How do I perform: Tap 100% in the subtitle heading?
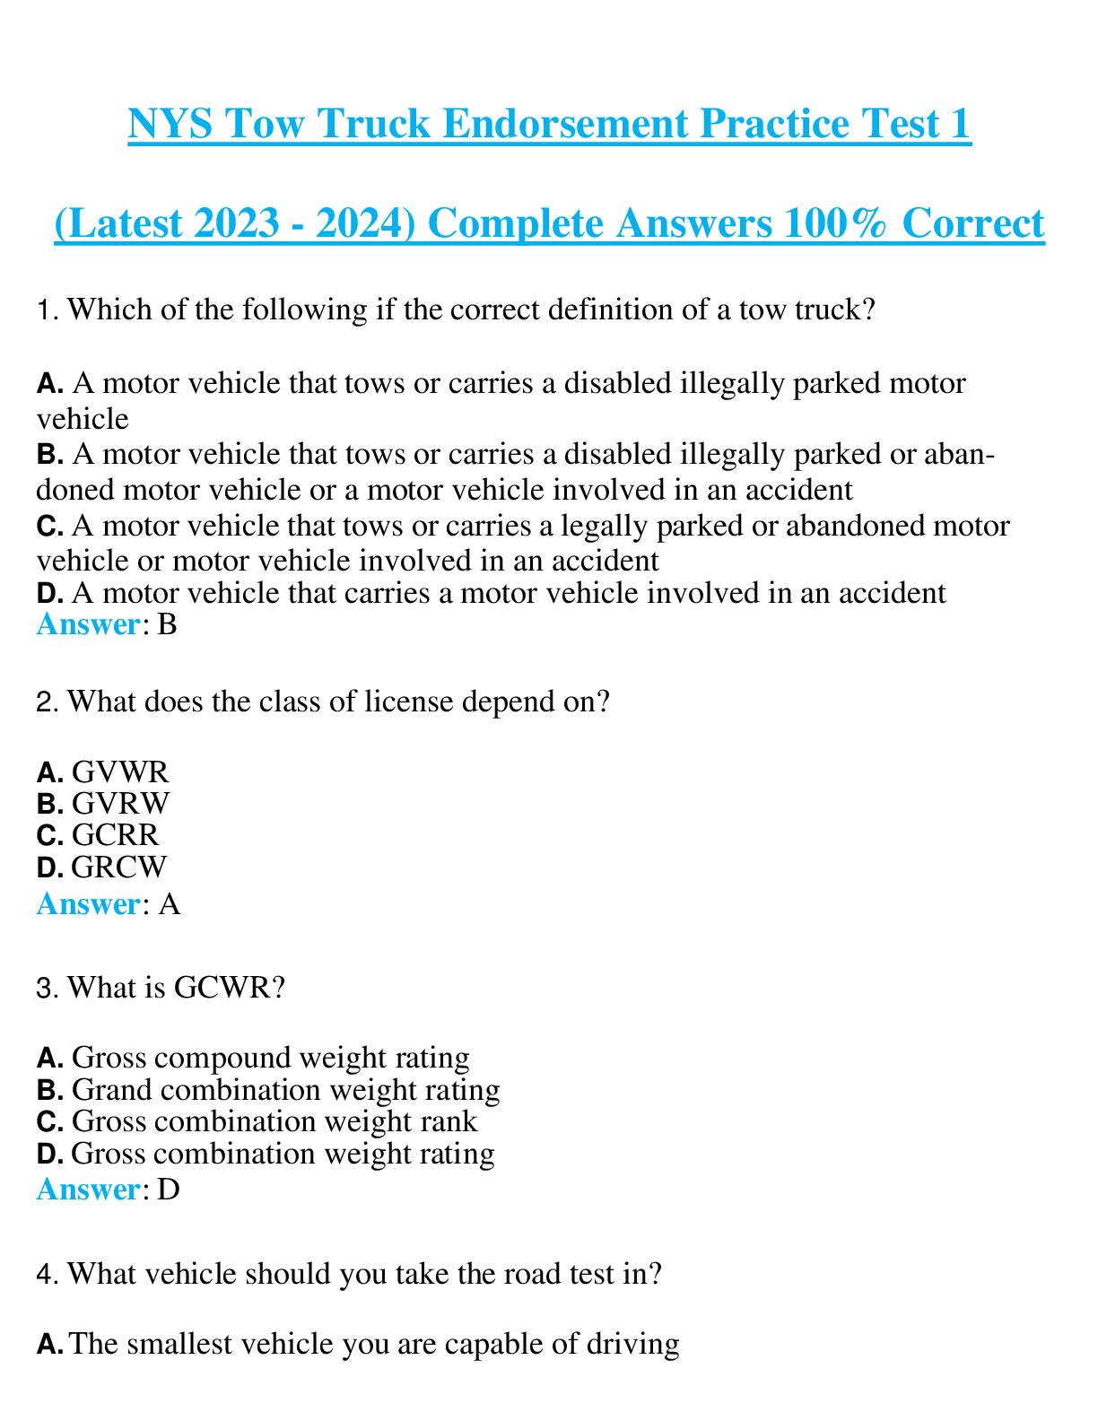835,223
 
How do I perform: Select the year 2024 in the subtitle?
366,223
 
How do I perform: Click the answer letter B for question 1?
168,624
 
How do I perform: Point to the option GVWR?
120,772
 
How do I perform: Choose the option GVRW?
120,804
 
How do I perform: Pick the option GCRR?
115,835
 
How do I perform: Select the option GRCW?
119,867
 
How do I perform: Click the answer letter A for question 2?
170,904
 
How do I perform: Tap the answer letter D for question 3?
169,1190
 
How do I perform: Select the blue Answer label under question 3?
88,1190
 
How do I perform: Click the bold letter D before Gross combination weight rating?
49,1154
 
